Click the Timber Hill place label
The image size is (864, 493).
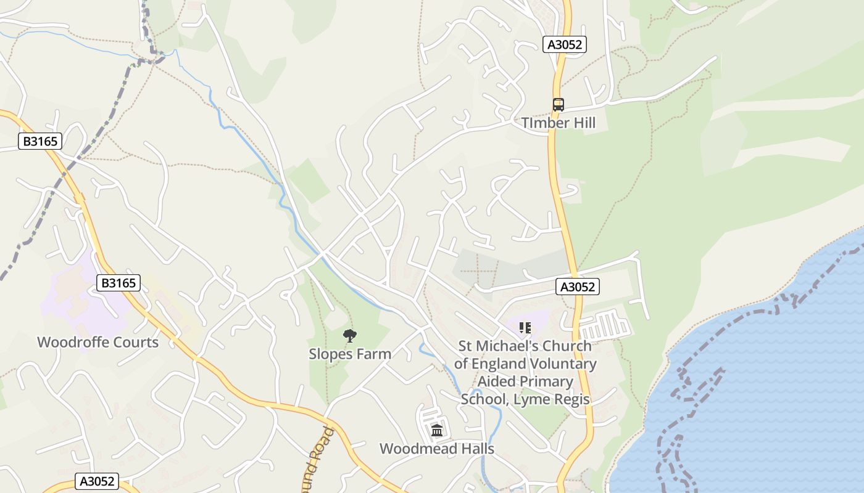[559, 123]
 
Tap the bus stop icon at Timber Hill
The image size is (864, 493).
[559, 105]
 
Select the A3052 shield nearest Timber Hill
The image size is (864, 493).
[565, 44]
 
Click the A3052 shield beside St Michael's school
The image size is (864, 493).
[578, 287]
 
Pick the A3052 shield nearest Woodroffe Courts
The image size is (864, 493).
[96, 481]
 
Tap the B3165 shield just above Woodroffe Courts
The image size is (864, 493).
[118, 283]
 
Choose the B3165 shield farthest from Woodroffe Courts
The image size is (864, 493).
[40, 142]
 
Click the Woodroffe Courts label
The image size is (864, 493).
[98, 343]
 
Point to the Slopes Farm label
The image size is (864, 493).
[350, 354]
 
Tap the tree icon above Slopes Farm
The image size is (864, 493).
[350, 336]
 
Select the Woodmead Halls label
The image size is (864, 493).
[437, 449]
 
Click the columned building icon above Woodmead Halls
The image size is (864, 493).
[437, 430]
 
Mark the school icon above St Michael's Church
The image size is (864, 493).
[525, 328]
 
